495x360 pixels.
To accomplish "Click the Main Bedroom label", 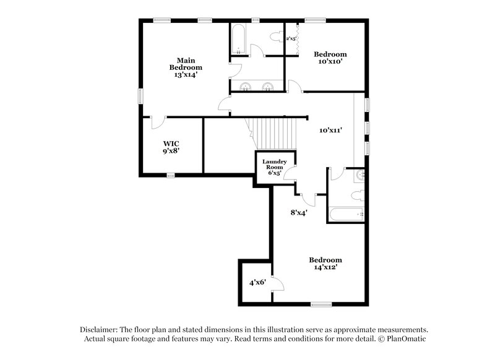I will click(x=186, y=63).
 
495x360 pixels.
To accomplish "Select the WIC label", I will click(x=171, y=142).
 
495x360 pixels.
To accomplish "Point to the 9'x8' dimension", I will click(x=171, y=150).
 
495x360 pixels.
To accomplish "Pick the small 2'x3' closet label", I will click(x=291, y=38).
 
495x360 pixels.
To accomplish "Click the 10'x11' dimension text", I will click(x=330, y=131).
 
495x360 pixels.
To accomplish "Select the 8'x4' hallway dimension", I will click(x=299, y=212).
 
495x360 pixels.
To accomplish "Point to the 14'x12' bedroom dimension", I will click(x=325, y=268).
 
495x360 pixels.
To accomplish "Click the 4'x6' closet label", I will click(x=257, y=282).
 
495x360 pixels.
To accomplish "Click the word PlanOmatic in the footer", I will click(x=405, y=339).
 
